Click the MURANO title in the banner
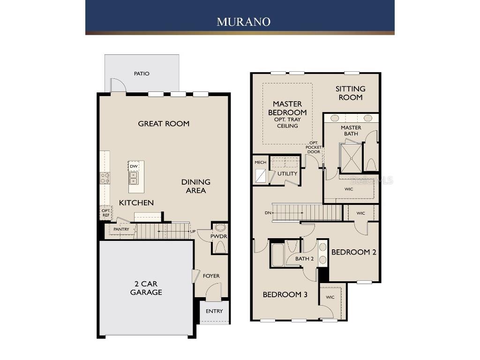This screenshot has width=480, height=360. (243, 22)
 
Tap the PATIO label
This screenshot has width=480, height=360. (142, 74)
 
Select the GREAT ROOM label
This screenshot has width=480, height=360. (164, 124)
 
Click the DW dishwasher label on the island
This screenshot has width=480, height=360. (134, 166)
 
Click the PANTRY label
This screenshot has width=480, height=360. (121, 229)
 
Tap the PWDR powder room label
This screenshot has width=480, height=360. (218, 237)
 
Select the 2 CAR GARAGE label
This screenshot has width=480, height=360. (146, 288)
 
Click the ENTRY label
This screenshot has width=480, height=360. (214, 311)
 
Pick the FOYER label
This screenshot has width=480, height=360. (211, 276)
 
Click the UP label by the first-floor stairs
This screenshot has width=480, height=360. (193, 232)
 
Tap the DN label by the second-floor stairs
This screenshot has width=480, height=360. (268, 213)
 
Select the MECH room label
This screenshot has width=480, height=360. (261, 163)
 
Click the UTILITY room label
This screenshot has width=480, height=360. (287, 173)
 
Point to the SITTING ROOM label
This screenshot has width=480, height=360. (351, 93)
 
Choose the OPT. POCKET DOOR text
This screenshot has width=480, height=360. (314, 147)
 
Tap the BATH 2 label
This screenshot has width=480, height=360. (304, 259)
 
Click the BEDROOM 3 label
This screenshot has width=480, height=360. (285, 295)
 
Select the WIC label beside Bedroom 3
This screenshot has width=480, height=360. (330, 297)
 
